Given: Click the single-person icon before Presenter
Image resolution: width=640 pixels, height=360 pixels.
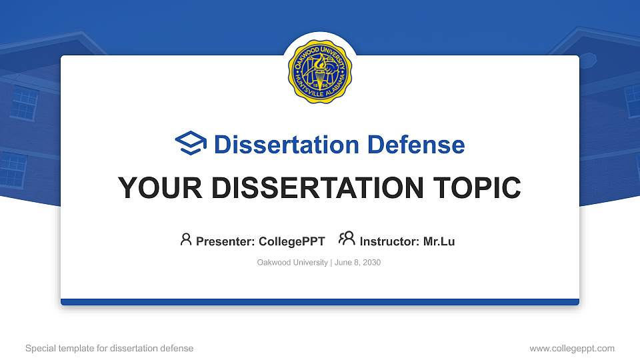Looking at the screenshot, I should click(186, 239).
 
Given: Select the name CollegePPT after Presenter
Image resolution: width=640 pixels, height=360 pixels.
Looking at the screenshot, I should click(291, 241).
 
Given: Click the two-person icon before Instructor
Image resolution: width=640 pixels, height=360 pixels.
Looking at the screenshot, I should click(347, 239).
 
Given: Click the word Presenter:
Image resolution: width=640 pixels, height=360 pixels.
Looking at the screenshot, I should click(225, 241).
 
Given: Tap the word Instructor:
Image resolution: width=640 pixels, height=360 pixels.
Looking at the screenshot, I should click(390, 241).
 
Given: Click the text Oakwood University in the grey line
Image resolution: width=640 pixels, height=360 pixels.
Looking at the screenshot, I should click(292, 263).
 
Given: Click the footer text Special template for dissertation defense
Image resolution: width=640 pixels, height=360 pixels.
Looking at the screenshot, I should click(109, 348).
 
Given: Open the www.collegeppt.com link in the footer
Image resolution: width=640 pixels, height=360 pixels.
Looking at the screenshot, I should click(572, 348).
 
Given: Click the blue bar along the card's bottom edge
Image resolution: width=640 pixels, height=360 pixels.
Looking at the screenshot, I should click(320, 302).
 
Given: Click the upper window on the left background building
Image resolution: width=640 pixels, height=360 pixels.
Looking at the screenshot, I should click(25, 103).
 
